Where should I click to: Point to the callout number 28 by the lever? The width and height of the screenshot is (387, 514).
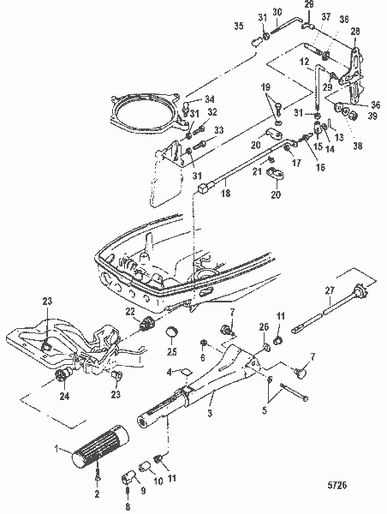pyautogui.click(x=354, y=31)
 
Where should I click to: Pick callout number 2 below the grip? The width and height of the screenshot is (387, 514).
pyautogui.click(x=96, y=496)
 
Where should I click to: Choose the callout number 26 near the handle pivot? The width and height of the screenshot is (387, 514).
pyautogui.click(x=265, y=326)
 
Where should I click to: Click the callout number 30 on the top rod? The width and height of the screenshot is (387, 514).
pyautogui.click(x=277, y=11)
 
